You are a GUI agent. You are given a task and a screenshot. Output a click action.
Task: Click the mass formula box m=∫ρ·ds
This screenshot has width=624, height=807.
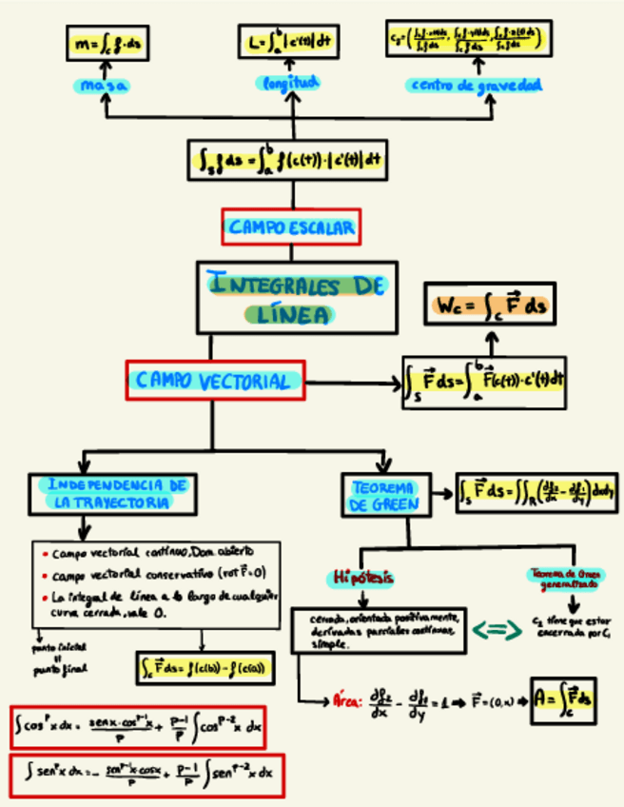tap(107, 43)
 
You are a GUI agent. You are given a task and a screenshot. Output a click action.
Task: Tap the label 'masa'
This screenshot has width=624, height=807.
tap(105, 86)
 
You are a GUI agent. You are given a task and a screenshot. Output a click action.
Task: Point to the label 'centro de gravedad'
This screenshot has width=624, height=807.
tap(476, 85)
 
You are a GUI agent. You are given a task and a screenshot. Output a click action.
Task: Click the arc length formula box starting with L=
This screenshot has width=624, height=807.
tap(290, 42)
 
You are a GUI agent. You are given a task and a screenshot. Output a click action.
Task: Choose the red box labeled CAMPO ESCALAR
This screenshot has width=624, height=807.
tap(291, 226)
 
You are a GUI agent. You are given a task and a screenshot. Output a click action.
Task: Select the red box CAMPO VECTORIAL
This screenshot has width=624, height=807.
tap(214, 381)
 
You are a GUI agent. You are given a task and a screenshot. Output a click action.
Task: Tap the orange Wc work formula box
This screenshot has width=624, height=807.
tap(490, 306)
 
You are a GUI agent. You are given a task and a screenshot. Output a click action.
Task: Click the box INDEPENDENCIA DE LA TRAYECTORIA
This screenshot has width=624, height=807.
tap(113, 493)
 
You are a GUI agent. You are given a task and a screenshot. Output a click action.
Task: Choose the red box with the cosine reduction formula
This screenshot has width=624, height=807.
tap(138, 728)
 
